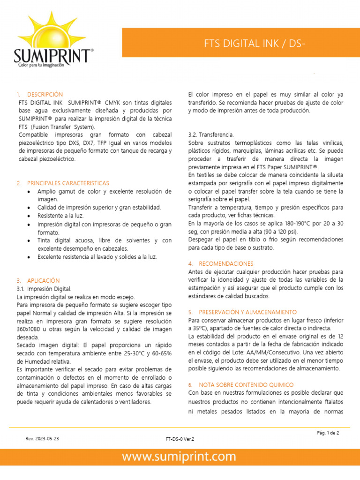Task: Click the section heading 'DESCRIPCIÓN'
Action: click(x=45, y=94)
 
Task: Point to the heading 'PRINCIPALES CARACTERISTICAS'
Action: click(x=68, y=183)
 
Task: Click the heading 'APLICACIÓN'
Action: click(x=44, y=280)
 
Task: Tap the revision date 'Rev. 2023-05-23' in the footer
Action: click(x=42, y=438)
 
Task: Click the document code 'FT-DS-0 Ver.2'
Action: click(x=180, y=439)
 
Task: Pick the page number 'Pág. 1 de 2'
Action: click(x=328, y=433)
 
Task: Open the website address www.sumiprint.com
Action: click(x=180, y=457)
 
